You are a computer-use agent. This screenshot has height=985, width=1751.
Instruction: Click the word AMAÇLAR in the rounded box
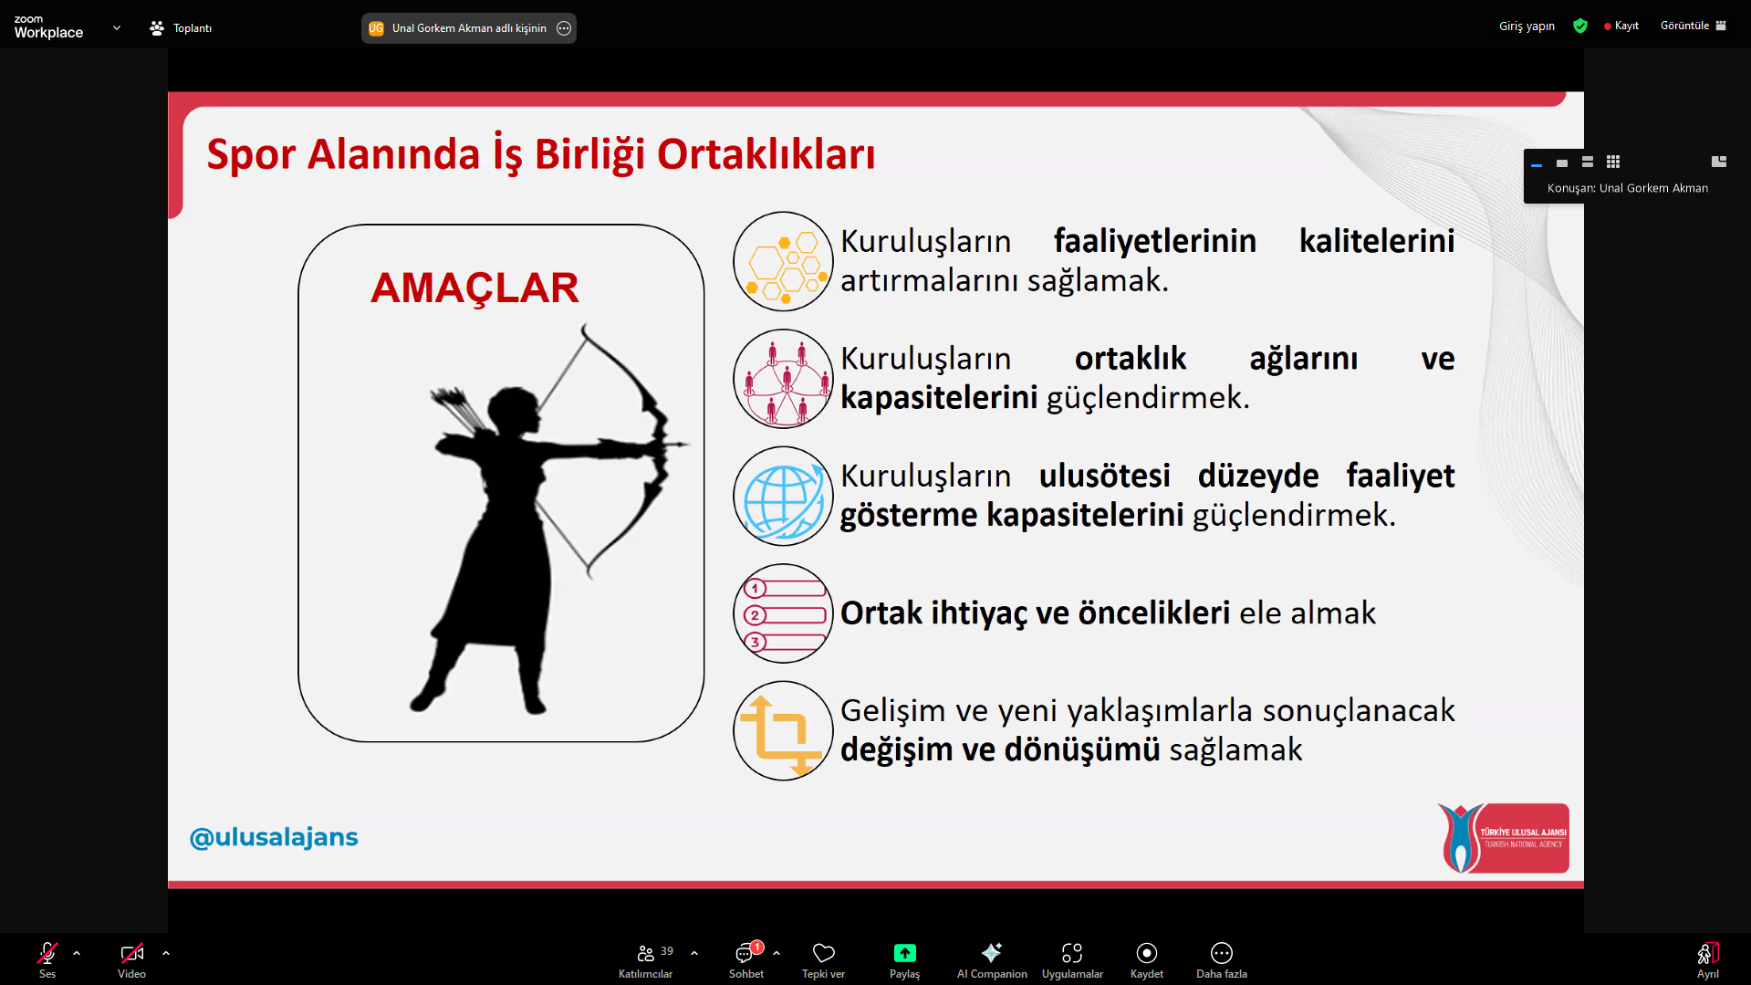click(474, 288)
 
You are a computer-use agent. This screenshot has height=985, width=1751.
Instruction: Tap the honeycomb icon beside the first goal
click(783, 262)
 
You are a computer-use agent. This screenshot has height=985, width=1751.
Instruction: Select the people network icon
click(783, 379)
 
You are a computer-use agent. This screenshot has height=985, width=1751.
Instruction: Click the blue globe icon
click(783, 496)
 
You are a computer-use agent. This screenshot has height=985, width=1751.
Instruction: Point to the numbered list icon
click(783, 613)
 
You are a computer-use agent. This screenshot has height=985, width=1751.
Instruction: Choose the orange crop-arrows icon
click(783, 731)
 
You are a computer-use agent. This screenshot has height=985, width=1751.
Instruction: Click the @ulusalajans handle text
click(274, 837)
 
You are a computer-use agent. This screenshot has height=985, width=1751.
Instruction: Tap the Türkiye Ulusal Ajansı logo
click(1503, 838)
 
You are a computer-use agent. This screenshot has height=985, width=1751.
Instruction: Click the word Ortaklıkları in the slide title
click(766, 154)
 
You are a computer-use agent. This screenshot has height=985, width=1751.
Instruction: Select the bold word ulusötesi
click(1104, 476)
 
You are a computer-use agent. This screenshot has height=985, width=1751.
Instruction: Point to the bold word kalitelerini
click(1377, 241)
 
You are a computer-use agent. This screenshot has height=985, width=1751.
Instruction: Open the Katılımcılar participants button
click(646, 960)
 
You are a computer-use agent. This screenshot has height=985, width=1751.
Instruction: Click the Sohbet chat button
click(746, 960)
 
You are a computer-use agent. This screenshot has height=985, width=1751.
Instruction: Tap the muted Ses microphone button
click(47, 960)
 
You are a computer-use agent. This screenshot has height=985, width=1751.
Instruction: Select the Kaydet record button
click(1147, 960)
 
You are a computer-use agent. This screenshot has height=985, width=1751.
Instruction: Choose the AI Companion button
click(992, 960)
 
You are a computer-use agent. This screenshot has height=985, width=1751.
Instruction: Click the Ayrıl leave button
click(1708, 960)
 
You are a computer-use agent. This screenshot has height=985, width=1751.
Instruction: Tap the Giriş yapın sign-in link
click(1527, 26)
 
